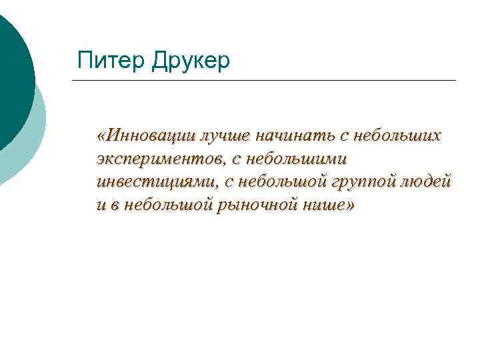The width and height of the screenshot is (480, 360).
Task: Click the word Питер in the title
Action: click(x=110, y=61)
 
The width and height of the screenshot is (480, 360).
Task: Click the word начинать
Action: click(x=295, y=136)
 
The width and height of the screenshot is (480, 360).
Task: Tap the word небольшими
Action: click(x=296, y=159)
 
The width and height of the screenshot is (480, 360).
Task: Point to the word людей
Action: click(x=431, y=182)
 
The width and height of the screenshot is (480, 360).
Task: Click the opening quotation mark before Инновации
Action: click(x=101, y=137)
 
